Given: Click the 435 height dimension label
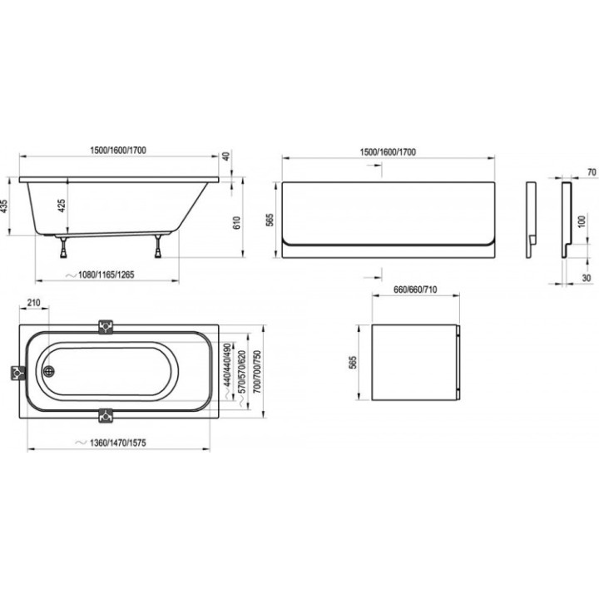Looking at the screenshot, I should (5, 207).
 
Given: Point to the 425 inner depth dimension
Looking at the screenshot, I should (62, 206).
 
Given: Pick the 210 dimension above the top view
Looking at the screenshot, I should (34, 303).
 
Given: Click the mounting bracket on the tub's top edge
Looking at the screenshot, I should (104, 327).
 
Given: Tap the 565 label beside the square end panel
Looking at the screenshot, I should (354, 362).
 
